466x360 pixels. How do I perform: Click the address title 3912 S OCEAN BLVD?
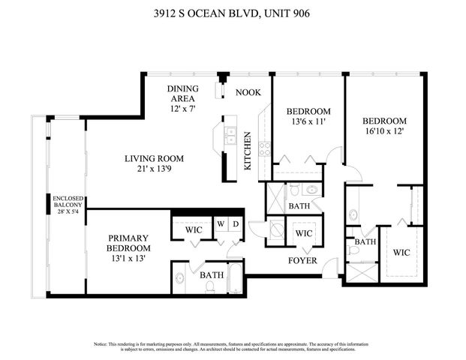233,12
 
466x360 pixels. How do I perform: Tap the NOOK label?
248,92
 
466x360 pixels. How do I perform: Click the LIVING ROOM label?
154,164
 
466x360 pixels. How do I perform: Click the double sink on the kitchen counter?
232,136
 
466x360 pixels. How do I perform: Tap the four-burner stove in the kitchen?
264,148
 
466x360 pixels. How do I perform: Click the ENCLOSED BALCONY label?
67,211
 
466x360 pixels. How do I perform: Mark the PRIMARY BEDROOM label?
128,248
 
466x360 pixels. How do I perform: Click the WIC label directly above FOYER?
303,233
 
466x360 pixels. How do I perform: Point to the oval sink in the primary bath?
181,277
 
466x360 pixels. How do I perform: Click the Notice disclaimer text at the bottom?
233,346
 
